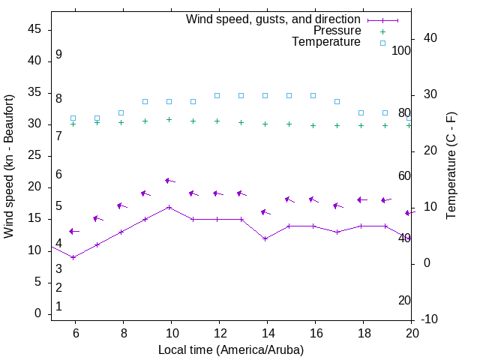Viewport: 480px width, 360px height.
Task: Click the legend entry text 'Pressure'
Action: pos(337,31)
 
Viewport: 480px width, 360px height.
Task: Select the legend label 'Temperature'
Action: pos(326,42)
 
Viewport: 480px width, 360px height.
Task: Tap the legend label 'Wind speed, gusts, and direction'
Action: pos(273,19)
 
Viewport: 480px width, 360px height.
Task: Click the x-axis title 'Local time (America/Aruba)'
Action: pos(231,349)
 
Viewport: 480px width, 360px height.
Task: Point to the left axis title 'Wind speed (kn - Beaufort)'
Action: pos(9,166)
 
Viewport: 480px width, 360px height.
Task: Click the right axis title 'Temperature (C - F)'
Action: pos(451,166)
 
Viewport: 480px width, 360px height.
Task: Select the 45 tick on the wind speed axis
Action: pos(34,30)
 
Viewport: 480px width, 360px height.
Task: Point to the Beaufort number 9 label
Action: pos(58,55)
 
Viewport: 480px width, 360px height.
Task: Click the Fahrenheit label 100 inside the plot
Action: pos(401,50)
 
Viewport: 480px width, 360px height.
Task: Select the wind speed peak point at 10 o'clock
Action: pos(169,207)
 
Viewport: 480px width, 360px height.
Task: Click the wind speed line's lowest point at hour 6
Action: pos(73,257)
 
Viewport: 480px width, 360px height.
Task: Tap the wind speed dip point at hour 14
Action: pos(265,238)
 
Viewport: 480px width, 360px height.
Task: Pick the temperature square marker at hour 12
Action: pos(217,95)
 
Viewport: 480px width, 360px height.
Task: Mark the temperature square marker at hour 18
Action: pos(361,113)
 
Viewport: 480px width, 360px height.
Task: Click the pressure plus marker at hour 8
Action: pos(121,122)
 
